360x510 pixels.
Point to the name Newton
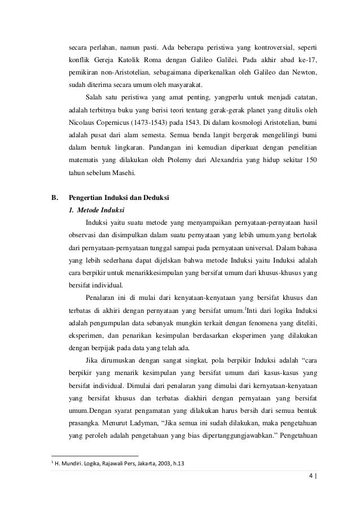304,73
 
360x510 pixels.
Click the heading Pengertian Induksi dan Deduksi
116,198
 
